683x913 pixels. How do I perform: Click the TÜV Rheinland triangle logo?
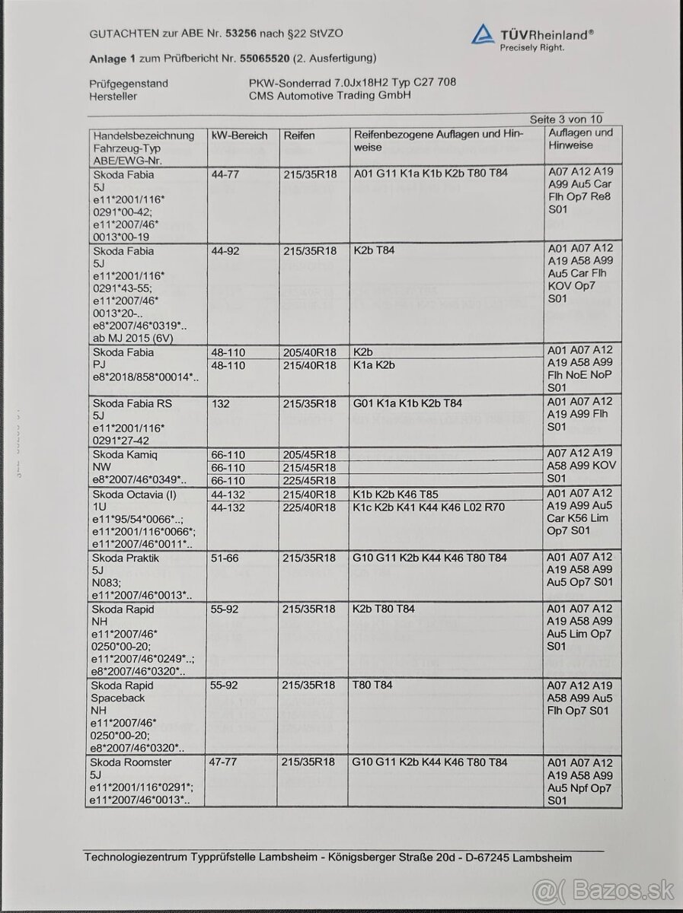click(x=483, y=35)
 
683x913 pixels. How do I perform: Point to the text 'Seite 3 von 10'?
click(x=567, y=119)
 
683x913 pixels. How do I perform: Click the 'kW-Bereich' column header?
click(x=239, y=135)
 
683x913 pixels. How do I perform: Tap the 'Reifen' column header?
click(x=299, y=135)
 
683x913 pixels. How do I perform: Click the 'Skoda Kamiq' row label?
click(x=124, y=454)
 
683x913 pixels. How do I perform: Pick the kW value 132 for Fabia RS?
click(x=220, y=402)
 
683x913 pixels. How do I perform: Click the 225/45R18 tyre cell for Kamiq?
click(x=309, y=480)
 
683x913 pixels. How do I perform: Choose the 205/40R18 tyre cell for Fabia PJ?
click(x=309, y=352)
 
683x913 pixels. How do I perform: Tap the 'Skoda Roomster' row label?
click(x=131, y=762)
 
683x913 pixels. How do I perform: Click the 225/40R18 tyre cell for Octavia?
click(x=309, y=507)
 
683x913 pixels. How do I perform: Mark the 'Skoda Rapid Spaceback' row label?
click(x=123, y=691)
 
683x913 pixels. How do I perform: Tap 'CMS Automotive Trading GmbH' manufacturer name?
click(x=330, y=97)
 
